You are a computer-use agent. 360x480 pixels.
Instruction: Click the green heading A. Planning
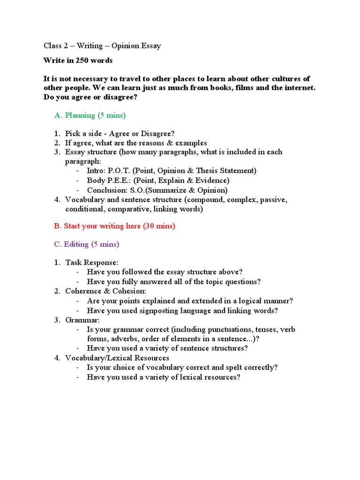[90, 115]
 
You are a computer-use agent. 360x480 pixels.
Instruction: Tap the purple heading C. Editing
[87, 244]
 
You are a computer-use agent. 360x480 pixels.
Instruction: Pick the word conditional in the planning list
[84, 209]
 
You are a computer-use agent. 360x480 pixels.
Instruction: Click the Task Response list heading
[92, 262]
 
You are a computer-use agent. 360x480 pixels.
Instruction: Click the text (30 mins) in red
[159, 226]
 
